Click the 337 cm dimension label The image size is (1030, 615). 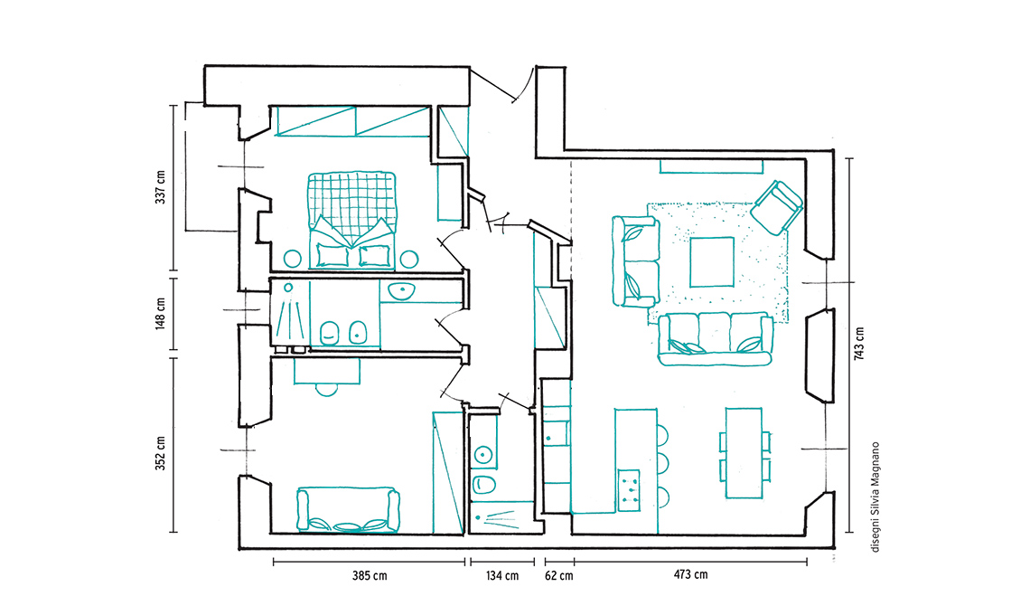point(160,187)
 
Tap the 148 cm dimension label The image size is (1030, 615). point(160,314)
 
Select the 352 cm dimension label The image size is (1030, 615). point(160,454)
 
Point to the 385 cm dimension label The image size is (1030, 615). point(370,576)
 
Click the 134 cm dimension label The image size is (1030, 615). point(502,576)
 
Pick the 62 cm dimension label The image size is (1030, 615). point(559,576)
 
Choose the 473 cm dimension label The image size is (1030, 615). point(691,575)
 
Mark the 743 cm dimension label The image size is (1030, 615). point(859,344)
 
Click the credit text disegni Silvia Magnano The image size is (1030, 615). point(875,497)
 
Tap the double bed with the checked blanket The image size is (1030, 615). point(352,221)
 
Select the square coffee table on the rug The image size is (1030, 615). point(712,261)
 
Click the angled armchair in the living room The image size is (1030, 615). point(777,206)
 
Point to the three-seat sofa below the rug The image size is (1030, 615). point(716,339)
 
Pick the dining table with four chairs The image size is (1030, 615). point(744,453)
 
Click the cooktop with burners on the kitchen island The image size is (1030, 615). point(629,490)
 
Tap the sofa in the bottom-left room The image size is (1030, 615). point(348,510)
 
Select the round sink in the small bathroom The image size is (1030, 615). point(483,454)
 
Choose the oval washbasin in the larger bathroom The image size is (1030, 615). point(400,290)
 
